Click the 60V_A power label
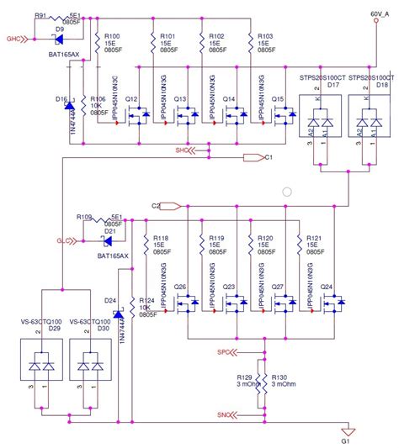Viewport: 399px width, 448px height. point(380,14)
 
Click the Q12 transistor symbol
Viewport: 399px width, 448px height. point(136,118)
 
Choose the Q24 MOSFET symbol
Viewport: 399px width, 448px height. point(328,307)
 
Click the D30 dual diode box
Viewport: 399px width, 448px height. point(88,366)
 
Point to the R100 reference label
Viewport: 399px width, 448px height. point(110,36)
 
